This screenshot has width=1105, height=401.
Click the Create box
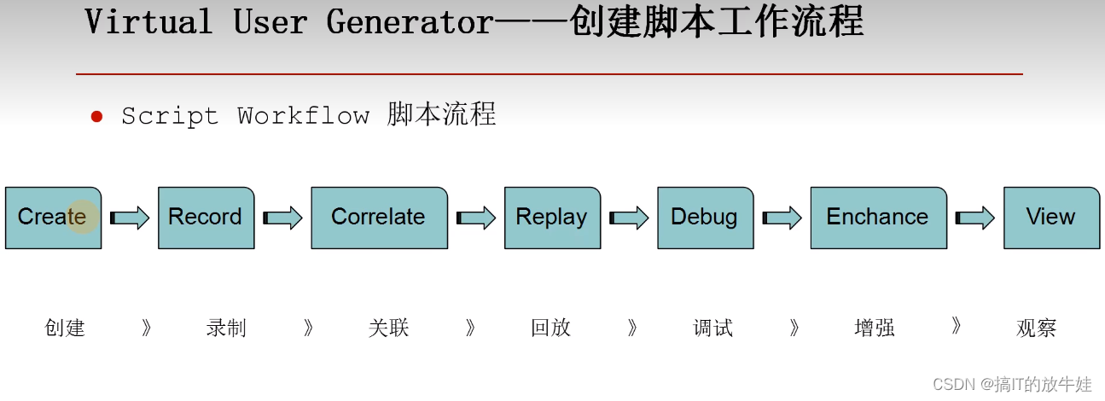(53, 218)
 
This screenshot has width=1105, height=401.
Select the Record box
(206, 218)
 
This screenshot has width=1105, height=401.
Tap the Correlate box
(380, 218)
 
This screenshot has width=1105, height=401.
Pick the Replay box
(553, 218)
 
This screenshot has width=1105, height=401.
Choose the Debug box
(706, 218)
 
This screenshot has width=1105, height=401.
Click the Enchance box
(879, 218)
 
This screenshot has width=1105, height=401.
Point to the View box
(1052, 218)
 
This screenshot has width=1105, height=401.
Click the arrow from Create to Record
(129, 218)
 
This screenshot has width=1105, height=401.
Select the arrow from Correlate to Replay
(476, 218)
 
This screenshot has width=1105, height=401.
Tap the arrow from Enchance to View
(975, 218)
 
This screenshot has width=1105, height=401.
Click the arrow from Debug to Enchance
(782, 218)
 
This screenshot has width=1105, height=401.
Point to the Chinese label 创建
(65, 328)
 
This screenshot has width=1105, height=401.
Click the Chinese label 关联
(389, 328)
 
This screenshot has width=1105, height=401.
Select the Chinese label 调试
(712, 328)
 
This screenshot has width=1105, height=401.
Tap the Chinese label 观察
(1037, 328)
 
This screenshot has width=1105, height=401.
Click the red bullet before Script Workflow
(96, 117)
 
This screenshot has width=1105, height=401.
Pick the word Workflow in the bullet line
(304, 116)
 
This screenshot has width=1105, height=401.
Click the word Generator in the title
(410, 22)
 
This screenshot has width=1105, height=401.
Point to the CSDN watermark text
(1012, 384)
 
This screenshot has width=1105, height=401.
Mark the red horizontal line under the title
(550, 74)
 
